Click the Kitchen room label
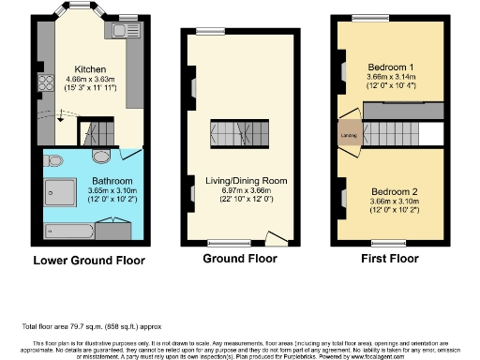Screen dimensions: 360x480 pos(89,69)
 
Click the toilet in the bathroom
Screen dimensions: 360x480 pos(52,158)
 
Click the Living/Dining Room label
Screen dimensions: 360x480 pos(246,180)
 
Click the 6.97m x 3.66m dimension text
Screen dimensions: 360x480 pos(246,189)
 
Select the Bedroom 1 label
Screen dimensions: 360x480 pos(391,67)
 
